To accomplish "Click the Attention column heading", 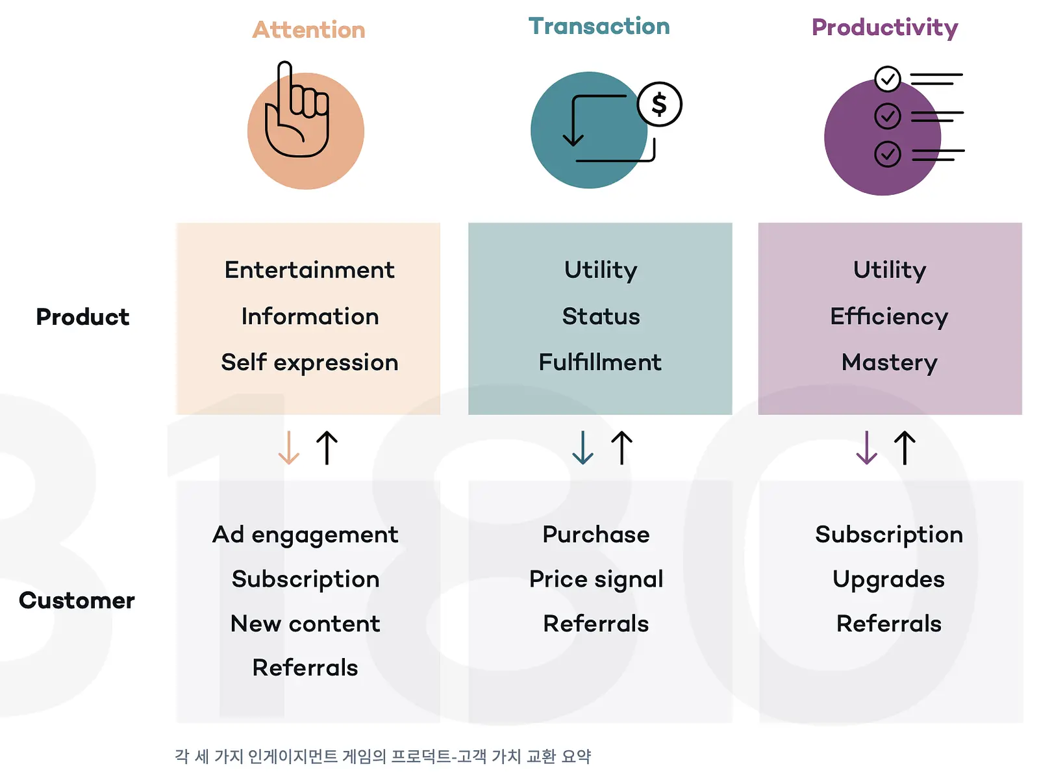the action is point(308,30).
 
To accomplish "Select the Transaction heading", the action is point(599,26).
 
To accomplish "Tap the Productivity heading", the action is point(885,28).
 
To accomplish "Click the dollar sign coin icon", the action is point(659,104).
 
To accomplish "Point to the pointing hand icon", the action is point(297,112).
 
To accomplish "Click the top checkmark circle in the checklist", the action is point(887,79).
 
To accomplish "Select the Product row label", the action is point(83,317).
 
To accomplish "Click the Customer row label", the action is point(77,600).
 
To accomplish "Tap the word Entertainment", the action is point(309,270).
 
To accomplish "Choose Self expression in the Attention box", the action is point(310,363).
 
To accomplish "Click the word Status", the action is point(601,316).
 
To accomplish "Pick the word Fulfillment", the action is point(600,362).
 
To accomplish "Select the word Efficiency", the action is point(889,317).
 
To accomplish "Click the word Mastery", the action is point(890,363).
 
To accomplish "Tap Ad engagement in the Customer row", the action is point(305,535).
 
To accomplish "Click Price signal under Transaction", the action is point(596,580).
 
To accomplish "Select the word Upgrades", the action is point(888,580).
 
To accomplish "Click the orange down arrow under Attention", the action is point(288,448).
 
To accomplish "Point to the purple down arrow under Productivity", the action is point(867,448).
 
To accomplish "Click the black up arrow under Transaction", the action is point(621,448).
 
